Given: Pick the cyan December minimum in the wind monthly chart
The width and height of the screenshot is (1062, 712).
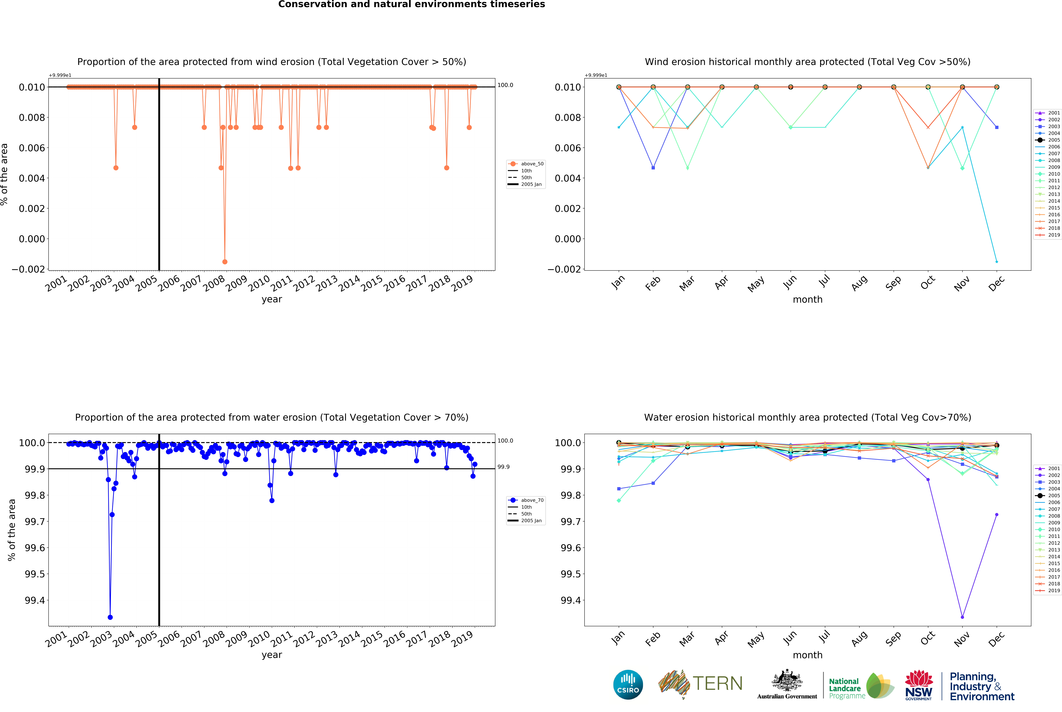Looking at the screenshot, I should click(997, 262).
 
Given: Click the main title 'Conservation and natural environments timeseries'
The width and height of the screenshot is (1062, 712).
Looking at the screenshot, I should click(412, 5).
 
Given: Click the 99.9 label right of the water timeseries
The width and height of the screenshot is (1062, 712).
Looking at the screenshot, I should click(503, 467).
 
